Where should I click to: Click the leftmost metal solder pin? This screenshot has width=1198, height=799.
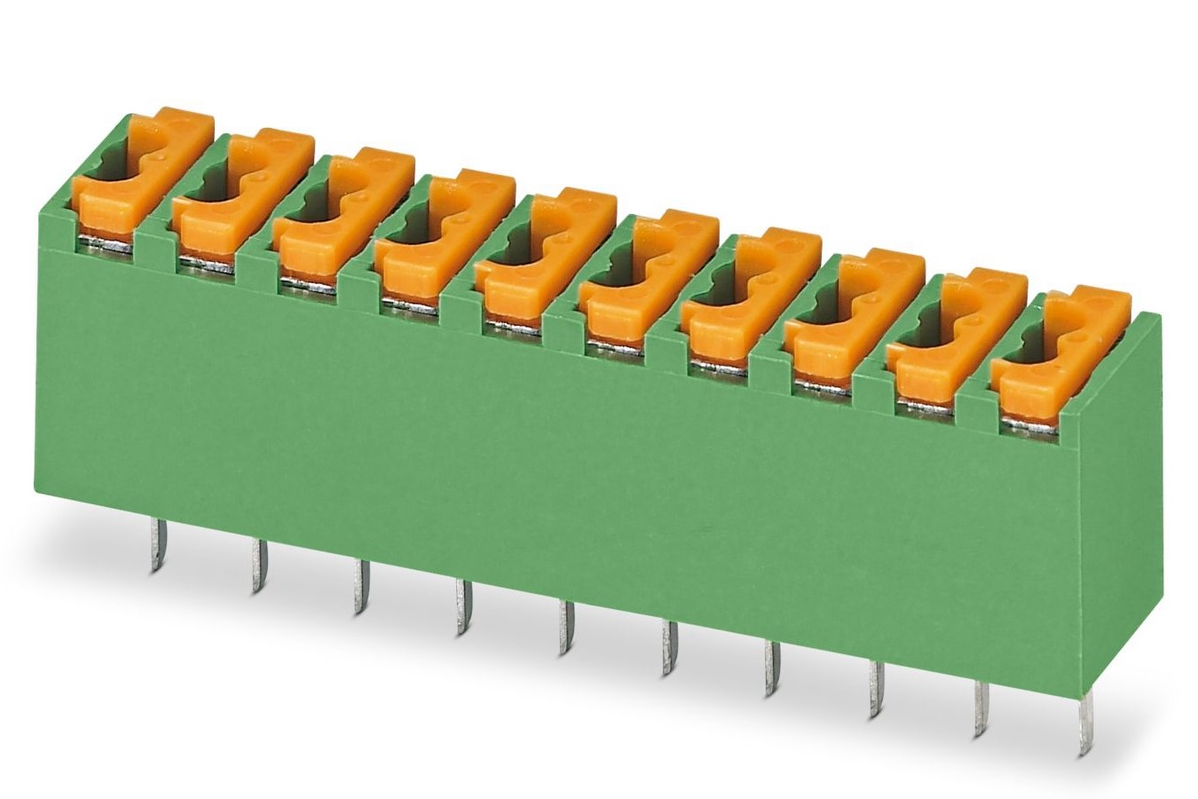pos(156,545)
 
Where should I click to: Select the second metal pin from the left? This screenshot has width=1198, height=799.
pos(258,566)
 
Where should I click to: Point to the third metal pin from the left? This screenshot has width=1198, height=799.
pos(360,586)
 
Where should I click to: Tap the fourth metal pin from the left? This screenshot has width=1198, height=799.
pos(462,607)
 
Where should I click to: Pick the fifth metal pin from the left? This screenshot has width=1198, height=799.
pos(564,629)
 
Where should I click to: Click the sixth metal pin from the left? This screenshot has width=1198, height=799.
pos(668,649)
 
